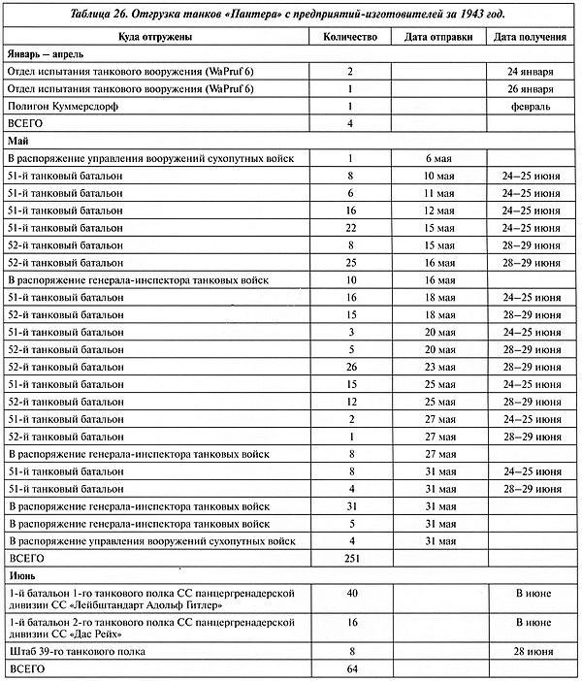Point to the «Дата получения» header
(x=530, y=36)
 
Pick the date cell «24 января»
(x=530, y=71)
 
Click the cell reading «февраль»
(x=530, y=106)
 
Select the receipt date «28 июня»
(x=530, y=652)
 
